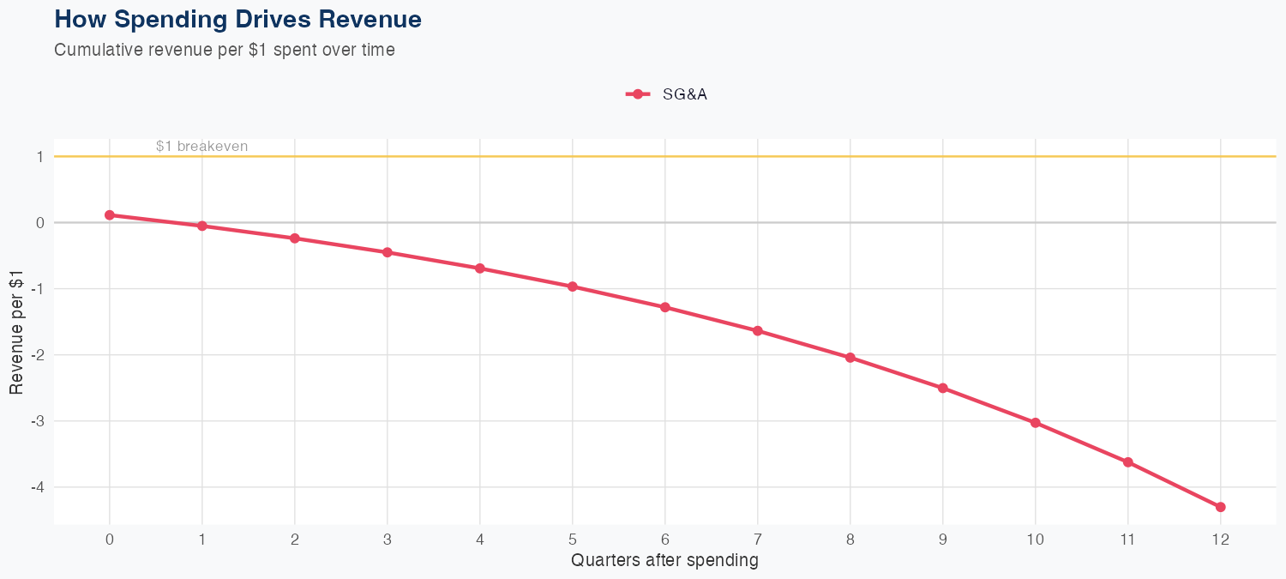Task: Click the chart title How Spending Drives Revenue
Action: click(237, 19)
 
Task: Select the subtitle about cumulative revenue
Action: click(224, 50)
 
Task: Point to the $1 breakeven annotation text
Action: click(201, 147)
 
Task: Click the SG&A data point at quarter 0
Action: click(110, 215)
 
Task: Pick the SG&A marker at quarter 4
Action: click(480, 268)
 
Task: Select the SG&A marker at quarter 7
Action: click(758, 331)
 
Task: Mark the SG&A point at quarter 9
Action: click(943, 388)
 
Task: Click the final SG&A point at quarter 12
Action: click(1221, 507)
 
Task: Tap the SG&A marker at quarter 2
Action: click(295, 238)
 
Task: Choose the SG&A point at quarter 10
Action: click(1036, 423)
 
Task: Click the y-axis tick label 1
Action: click(39, 157)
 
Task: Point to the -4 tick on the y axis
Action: click(37, 487)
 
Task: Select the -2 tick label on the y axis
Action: click(37, 355)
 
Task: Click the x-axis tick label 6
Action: click(665, 540)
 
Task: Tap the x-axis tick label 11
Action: click(1128, 540)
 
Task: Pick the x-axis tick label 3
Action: click(388, 540)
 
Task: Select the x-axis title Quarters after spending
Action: click(664, 561)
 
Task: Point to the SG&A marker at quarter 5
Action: click(573, 286)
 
